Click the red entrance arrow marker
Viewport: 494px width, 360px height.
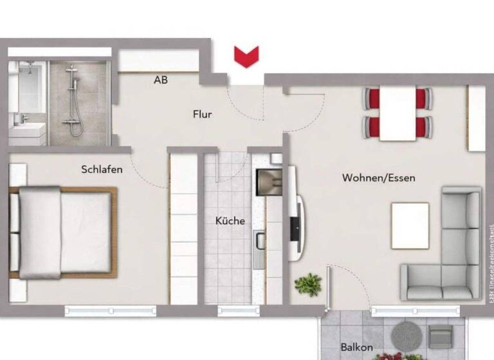(x=246, y=57)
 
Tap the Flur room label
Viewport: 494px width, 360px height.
(x=202, y=115)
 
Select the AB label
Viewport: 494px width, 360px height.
(x=161, y=80)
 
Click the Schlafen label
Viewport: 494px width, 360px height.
(x=102, y=170)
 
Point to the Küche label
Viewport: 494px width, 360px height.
(x=230, y=221)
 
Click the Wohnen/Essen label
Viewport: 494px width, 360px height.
(x=378, y=178)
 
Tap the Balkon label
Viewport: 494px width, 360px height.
(x=356, y=348)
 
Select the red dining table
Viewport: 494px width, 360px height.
(x=397, y=113)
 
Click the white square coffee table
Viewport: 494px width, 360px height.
(x=410, y=225)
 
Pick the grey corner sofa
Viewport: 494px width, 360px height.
(x=450, y=257)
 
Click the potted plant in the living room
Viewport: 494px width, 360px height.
(x=309, y=283)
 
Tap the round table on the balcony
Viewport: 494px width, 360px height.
(x=405, y=334)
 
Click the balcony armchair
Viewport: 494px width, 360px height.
(x=441, y=337)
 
